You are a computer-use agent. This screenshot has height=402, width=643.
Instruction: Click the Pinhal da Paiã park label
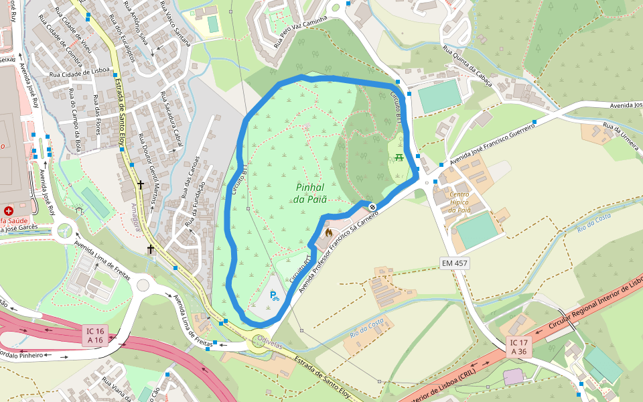310,193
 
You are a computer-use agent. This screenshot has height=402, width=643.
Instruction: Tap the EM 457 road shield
454,263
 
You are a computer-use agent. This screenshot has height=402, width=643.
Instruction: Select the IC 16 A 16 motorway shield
95,335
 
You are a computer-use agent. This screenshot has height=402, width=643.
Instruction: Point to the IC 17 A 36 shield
519,347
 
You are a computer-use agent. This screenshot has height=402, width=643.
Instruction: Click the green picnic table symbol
399,157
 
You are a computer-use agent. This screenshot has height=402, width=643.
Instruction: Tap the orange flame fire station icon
328,232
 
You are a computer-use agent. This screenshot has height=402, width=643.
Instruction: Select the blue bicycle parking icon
274,295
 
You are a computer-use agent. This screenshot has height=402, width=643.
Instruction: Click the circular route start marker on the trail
372,206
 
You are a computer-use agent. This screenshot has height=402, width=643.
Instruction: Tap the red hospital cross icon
9,210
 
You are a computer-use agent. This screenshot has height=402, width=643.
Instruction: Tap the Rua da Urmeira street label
621,136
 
